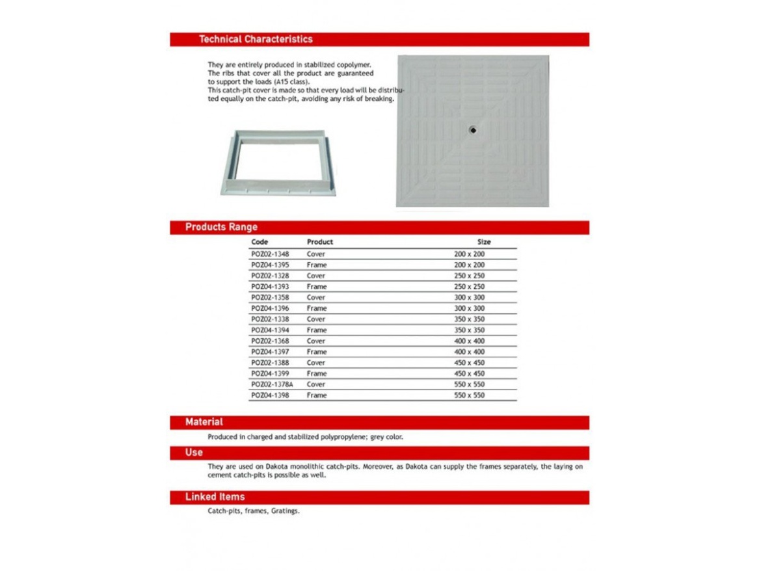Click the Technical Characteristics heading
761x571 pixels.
[x=256, y=39]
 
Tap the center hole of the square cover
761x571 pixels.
[x=473, y=130]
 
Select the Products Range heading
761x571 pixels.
[x=221, y=227]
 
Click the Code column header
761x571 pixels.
[x=260, y=242]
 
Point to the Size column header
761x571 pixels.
[x=484, y=242]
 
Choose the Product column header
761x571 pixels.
[x=320, y=242]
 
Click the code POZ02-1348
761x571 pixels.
[x=270, y=254]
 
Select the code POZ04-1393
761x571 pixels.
[x=270, y=287]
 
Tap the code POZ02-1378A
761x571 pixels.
[x=272, y=384]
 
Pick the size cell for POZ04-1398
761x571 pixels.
[x=469, y=395]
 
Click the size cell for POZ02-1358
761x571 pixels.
[x=469, y=298]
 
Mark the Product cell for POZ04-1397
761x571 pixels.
[x=317, y=352]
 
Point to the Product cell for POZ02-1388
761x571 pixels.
[x=316, y=363]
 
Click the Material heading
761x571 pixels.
[x=204, y=422]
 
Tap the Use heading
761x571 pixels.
[x=194, y=452]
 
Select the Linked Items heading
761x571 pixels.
[x=215, y=497]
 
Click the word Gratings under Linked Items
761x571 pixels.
[x=286, y=511]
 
